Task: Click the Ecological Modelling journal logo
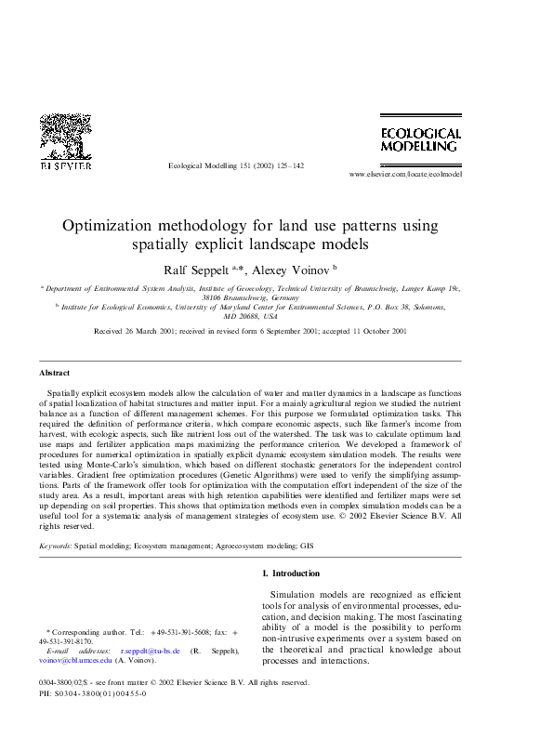[421, 139]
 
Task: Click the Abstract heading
[54, 372]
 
